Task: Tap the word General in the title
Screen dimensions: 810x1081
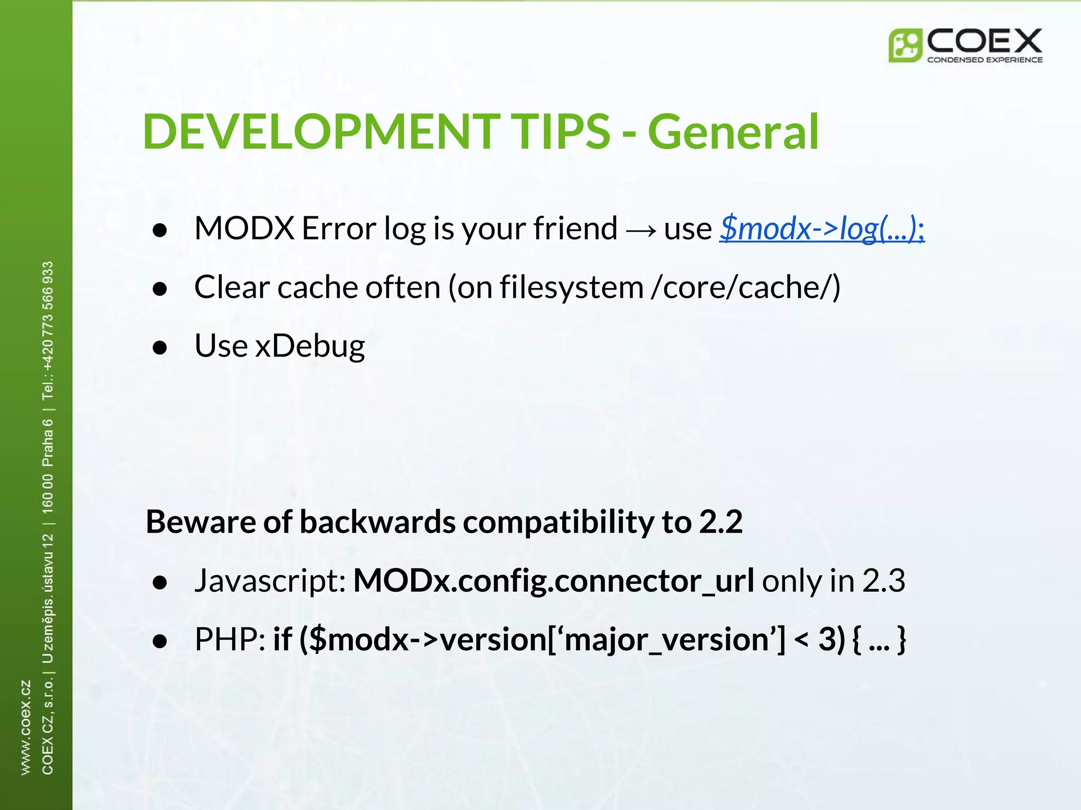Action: pyautogui.click(x=733, y=132)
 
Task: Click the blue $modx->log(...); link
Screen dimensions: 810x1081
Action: pyautogui.click(x=822, y=229)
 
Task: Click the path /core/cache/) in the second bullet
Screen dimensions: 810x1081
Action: pyautogui.click(x=746, y=287)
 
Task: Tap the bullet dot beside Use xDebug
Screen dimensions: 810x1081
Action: pyautogui.click(x=159, y=348)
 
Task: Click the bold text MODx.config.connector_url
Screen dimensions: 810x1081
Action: pyautogui.click(x=553, y=581)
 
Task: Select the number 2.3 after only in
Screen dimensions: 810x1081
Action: pyautogui.click(x=884, y=581)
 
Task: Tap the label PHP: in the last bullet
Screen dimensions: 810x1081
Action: pyautogui.click(x=230, y=640)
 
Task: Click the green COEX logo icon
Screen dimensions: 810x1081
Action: pyautogui.click(x=905, y=46)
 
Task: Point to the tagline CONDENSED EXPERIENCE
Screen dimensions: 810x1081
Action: pyautogui.click(x=984, y=60)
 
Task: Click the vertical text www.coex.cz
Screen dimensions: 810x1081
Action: pyautogui.click(x=25, y=728)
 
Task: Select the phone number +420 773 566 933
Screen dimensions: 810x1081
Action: pyautogui.click(x=48, y=316)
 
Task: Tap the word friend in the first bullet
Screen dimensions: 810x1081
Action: pyautogui.click(x=575, y=229)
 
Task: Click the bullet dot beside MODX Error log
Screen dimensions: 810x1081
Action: pyautogui.click(x=159, y=230)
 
